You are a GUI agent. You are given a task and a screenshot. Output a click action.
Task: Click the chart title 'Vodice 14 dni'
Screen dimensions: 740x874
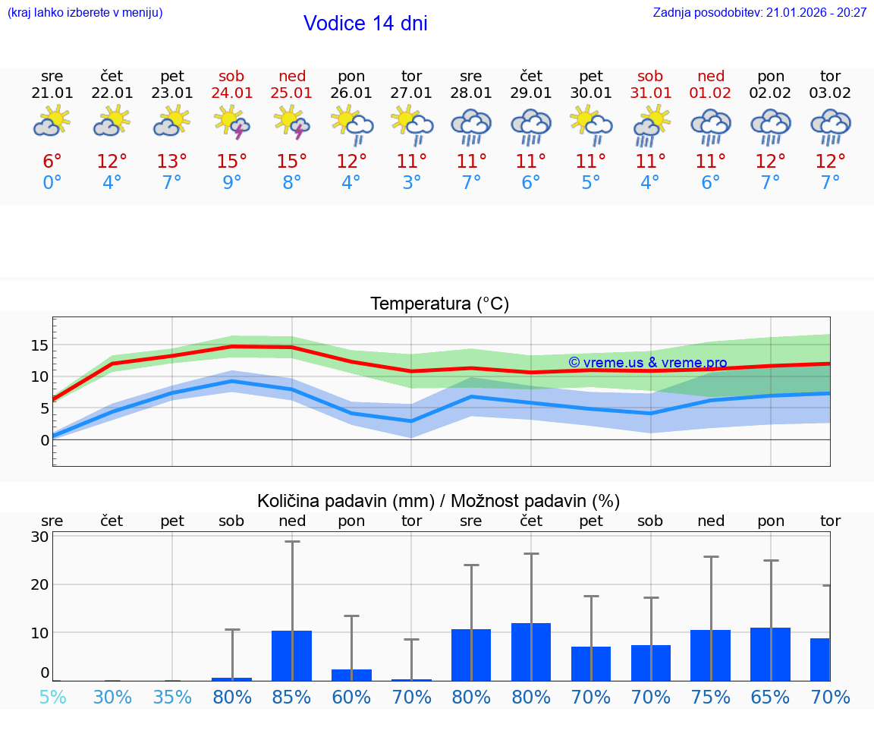coord(365,24)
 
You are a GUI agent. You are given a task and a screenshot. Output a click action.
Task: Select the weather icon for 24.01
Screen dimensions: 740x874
coord(232,122)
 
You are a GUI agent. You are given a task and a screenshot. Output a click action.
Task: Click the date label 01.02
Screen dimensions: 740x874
coord(711,93)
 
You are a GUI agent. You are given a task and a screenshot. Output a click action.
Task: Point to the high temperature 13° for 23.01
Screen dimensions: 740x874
coord(172,162)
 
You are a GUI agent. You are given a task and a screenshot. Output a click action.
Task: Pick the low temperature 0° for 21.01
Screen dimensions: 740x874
coord(52,183)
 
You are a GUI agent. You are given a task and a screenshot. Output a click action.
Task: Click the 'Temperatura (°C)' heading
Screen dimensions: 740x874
coord(439,304)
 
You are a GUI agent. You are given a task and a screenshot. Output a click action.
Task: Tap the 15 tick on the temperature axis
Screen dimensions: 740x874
coord(39,345)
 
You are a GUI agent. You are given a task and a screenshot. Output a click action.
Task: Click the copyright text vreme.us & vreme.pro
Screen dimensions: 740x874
coord(647,363)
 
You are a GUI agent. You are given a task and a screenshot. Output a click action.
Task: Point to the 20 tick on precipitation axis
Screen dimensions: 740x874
coord(39,584)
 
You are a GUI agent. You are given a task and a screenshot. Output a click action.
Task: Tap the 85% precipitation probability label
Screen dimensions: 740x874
coord(292,697)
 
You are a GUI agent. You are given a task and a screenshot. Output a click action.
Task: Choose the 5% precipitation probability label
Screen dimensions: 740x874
coord(52,697)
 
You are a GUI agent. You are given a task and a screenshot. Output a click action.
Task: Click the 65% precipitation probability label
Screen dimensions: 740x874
coord(771,697)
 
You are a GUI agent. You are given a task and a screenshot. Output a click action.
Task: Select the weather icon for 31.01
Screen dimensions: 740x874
coord(651,126)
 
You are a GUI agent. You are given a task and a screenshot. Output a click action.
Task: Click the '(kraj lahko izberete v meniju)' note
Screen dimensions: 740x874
coord(85,12)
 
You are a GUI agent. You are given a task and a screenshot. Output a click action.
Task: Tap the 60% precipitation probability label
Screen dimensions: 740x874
coord(352,697)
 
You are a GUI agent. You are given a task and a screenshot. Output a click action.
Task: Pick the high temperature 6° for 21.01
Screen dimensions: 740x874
coord(52,162)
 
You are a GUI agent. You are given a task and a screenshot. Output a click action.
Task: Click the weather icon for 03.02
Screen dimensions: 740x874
coord(831,126)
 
